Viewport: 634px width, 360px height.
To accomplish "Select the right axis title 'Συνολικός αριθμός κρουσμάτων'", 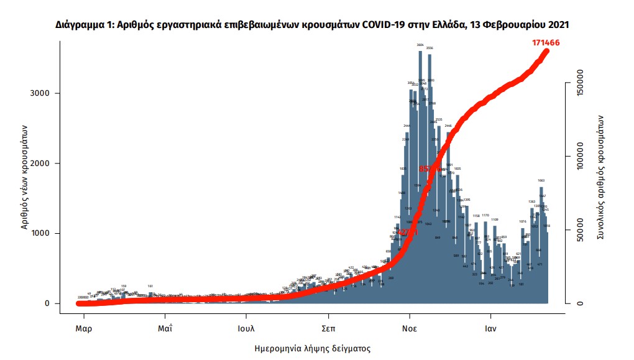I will (601, 177).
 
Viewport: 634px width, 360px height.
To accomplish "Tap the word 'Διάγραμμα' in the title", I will (81, 25).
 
